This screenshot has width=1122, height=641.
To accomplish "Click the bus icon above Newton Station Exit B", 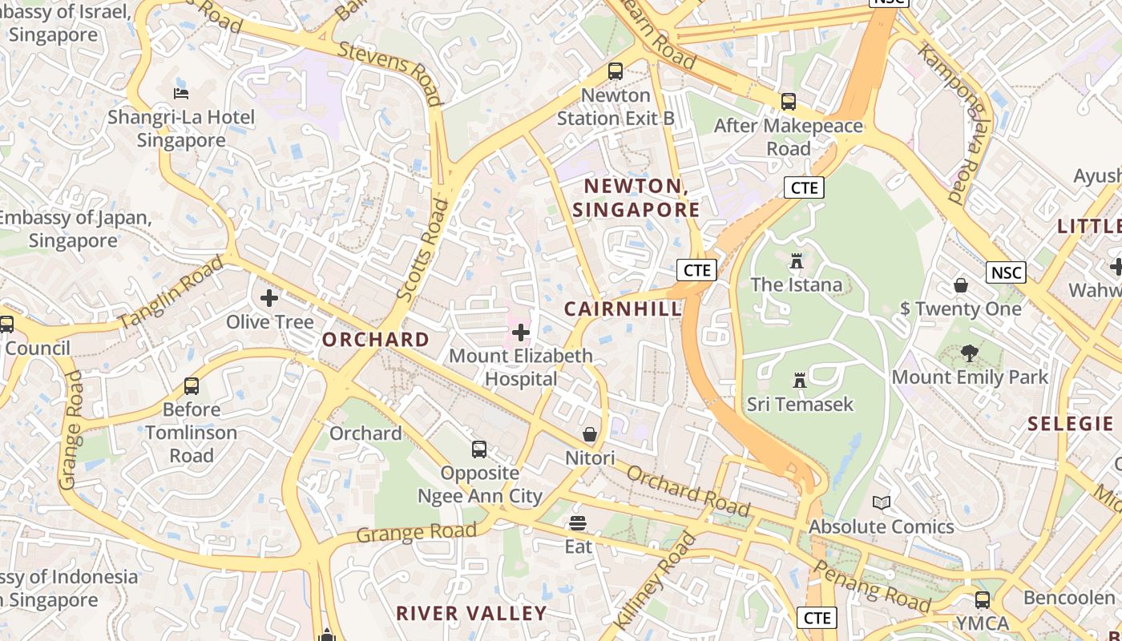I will [x=615, y=71].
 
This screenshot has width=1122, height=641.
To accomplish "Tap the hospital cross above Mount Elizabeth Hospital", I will [x=521, y=332].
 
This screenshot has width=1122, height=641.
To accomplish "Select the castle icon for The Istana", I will [x=796, y=261].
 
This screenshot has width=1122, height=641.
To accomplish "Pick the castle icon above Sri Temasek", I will [x=799, y=380].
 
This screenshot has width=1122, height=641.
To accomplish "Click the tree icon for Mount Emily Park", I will [x=970, y=353].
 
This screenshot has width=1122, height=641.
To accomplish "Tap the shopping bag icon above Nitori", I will [x=590, y=434].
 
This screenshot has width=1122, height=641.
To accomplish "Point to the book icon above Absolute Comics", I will [x=882, y=503].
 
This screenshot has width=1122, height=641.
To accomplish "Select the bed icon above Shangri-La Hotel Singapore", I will [x=181, y=93].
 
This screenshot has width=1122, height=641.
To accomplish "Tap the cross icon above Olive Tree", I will [x=269, y=298].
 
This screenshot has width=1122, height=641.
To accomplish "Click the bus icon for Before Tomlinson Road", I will [x=192, y=386].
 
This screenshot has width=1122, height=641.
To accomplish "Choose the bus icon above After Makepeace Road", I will [x=789, y=102].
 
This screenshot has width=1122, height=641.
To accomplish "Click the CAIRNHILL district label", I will [x=623, y=309].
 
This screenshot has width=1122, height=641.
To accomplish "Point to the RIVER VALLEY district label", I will [x=471, y=614].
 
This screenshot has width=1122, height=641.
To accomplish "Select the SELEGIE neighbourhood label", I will [x=1070, y=424].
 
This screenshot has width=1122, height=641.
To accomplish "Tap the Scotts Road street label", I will [x=424, y=250].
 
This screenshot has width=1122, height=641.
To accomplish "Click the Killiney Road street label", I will [x=655, y=579].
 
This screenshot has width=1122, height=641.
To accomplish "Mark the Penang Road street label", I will [x=872, y=587].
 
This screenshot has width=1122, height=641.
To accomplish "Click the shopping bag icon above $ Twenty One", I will [x=961, y=285].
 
